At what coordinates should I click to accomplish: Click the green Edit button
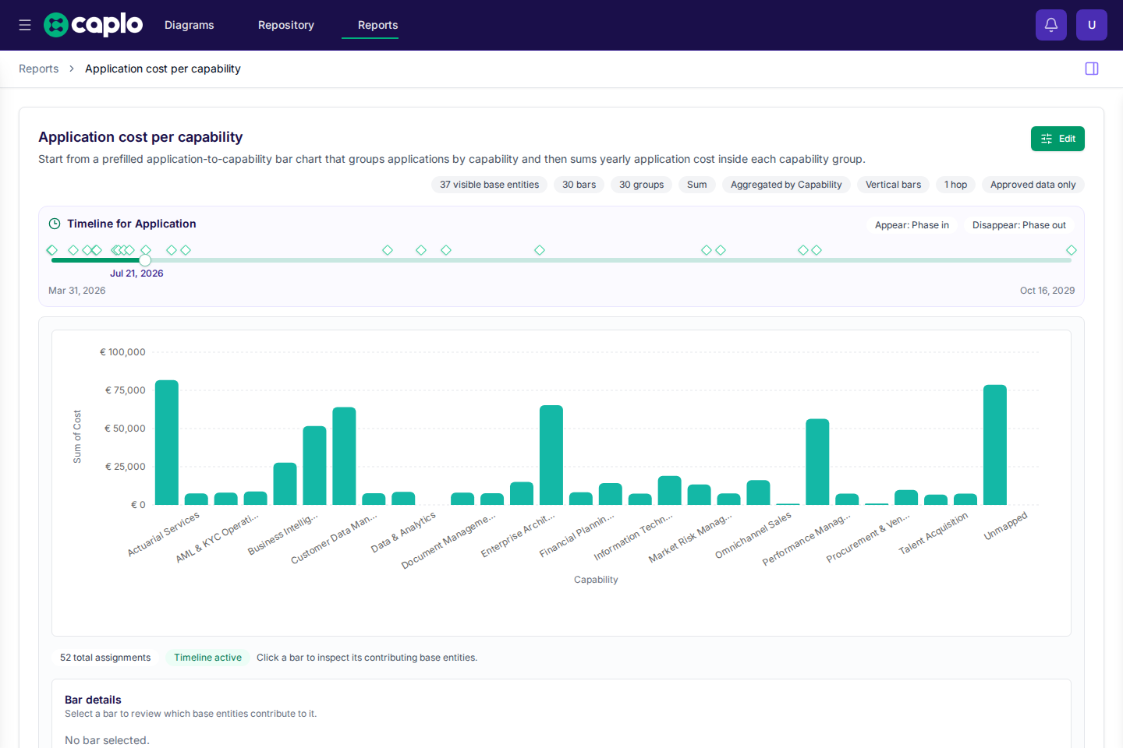tap(1057, 139)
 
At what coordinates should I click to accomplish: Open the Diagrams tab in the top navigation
tap(189, 25)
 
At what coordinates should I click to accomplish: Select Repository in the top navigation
tap(285, 25)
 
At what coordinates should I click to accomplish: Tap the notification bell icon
tap(1050, 25)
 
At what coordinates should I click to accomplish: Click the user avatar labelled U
tap(1092, 25)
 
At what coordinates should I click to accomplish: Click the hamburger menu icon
tap(25, 25)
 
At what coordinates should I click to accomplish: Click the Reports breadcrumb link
tap(39, 69)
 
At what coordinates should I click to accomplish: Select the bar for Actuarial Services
tap(166, 443)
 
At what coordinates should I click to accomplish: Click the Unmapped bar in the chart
tap(994, 445)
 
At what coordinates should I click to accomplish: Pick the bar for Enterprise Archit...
tap(551, 455)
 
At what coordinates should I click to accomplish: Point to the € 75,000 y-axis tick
tap(125, 390)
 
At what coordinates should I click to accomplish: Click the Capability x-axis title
tap(596, 580)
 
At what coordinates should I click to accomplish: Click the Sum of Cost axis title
tap(76, 436)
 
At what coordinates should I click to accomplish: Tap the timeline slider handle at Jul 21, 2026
tap(145, 260)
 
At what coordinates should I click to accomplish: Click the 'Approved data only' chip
tap(1033, 185)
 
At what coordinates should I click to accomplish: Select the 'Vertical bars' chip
tap(893, 185)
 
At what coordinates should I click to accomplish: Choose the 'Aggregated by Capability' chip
tap(785, 185)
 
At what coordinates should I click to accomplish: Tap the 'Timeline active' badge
tap(207, 658)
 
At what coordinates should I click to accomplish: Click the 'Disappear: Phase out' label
tap(1018, 225)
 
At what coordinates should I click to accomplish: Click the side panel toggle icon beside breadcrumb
tap(1092, 69)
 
